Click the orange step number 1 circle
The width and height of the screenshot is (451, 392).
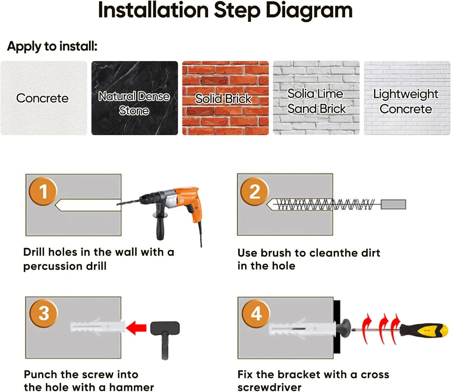pos(43,191)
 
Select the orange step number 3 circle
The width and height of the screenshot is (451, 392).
pos(43,313)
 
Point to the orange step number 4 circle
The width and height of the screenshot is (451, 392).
pos(256,314)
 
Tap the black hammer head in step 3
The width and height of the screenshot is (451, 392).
pos(165,328)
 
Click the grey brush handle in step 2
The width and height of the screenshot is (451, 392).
pos(394,204)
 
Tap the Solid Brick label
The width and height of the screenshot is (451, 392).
pos(223,98)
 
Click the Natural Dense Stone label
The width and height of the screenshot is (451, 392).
pos(134,103)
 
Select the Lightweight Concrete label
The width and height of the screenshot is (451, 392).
pos(406,101)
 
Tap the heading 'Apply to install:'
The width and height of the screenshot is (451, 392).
pos(52,47)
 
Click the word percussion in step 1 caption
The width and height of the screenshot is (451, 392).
pos(53,266)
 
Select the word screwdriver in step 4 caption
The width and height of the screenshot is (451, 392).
pos(269,387)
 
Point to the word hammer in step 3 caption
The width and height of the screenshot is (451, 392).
pos(131,387)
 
